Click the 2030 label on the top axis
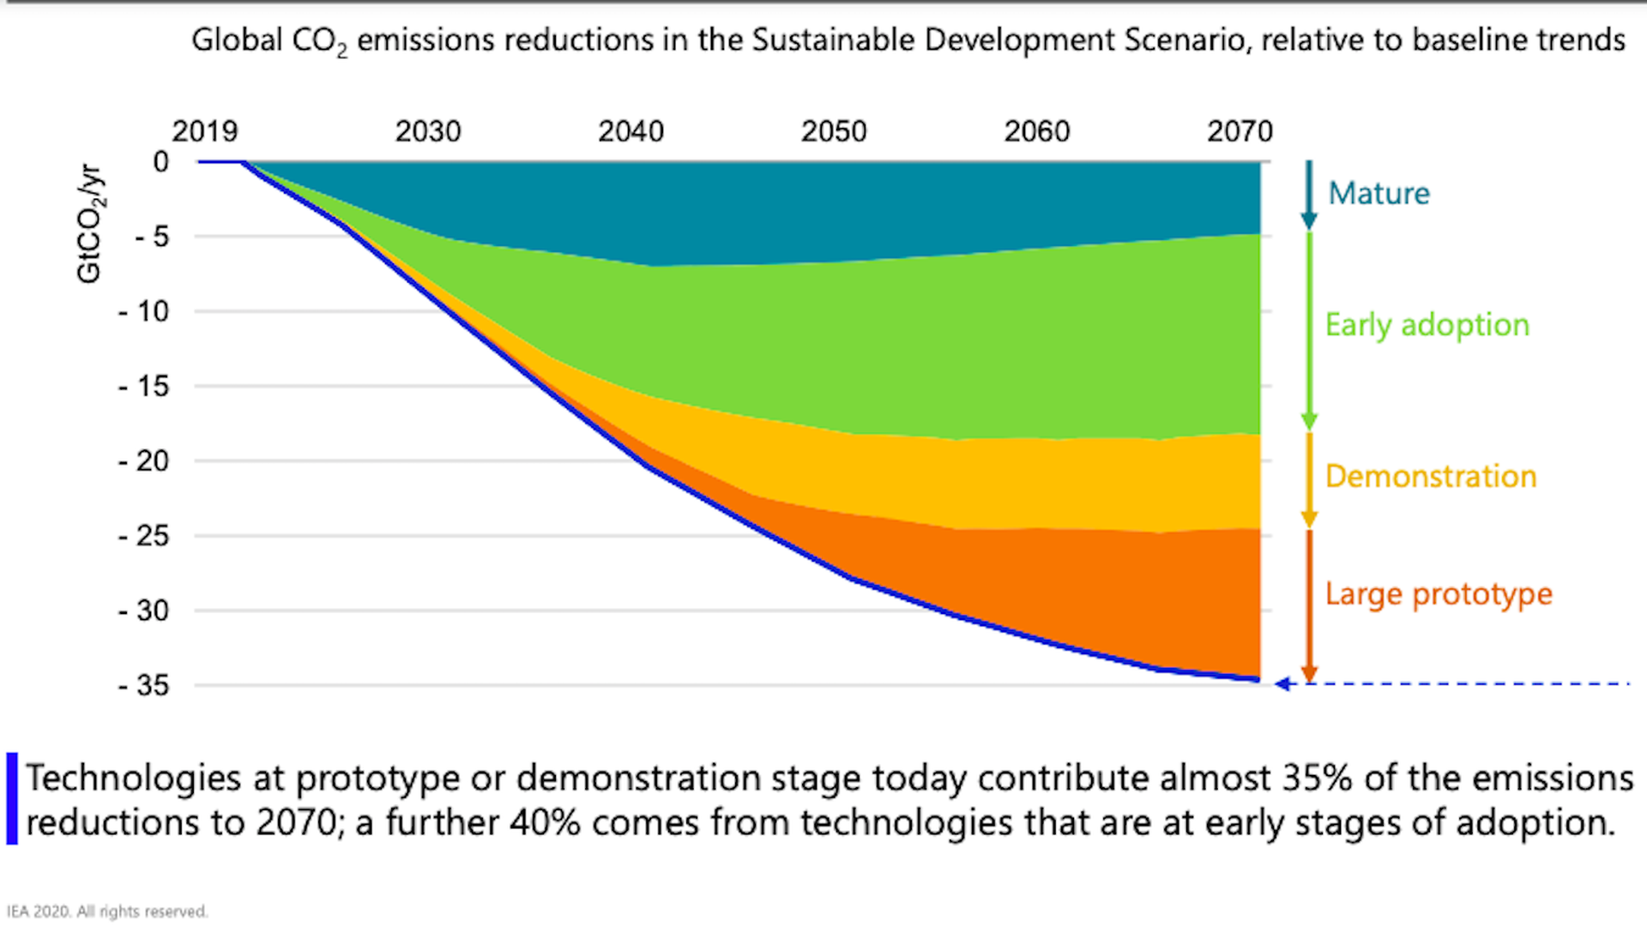(428, 131)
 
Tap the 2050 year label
(834, 131)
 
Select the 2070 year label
(1240, 131)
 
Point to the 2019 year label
(204, 131)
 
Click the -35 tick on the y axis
(144, 685)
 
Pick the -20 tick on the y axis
(144, 461)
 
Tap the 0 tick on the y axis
(160, 161)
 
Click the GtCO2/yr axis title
(89, 223)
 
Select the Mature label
(1379, 194)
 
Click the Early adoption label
(1427, 325)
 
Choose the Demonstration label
(1430, 477)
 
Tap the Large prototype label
(1439, 594)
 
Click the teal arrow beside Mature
(1308, 195)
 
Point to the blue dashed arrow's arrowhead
(1283, 683)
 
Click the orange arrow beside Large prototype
(1308, 604)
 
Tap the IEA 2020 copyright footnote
(107, 911)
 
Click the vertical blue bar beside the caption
(12, 798)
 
